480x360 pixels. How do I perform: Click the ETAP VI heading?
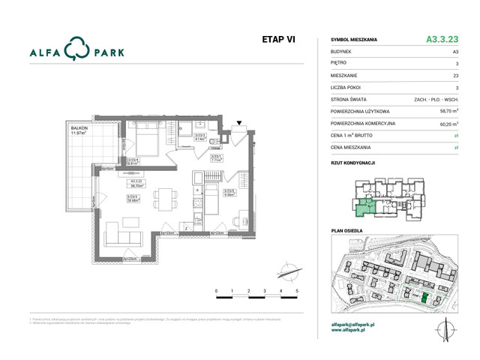point(278,40)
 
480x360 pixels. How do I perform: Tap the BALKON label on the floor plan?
point(80,128)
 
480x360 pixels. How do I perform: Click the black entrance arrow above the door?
point(239,122)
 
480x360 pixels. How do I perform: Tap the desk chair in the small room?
point(242,223)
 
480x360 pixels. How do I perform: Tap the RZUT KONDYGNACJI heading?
point(353,163)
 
